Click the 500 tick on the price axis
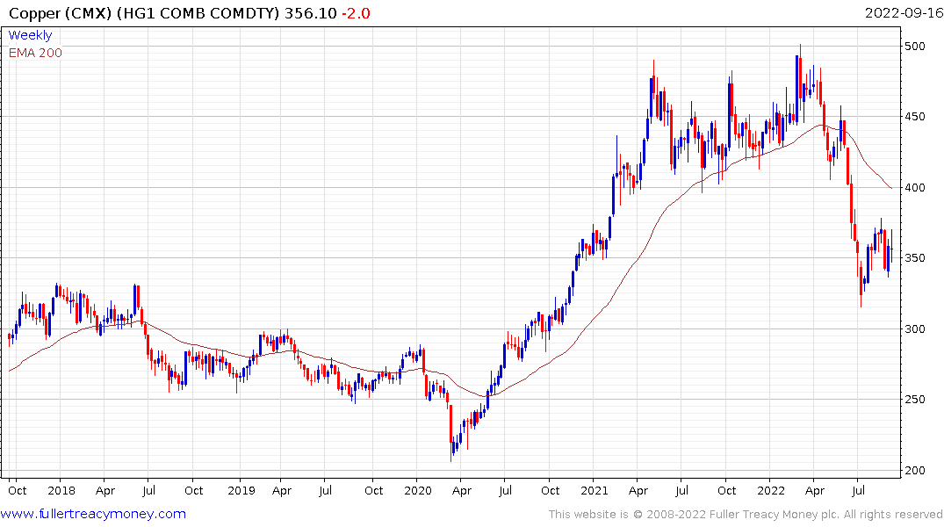point(917,46)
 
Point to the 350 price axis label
point(917,258)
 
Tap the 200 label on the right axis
point(917,471)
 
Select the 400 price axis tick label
point(917,187)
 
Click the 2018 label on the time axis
point(61,490)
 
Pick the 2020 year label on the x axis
point(418,490)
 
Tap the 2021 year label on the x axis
point(595,490)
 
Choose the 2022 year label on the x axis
point(771,490)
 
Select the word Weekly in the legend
point(30,36)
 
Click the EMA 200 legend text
point(35,53)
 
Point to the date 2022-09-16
point(902,12)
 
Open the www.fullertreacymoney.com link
point(94,514)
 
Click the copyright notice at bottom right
point(746,514)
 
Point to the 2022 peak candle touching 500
point(799,66)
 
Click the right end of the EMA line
point(891,188)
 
